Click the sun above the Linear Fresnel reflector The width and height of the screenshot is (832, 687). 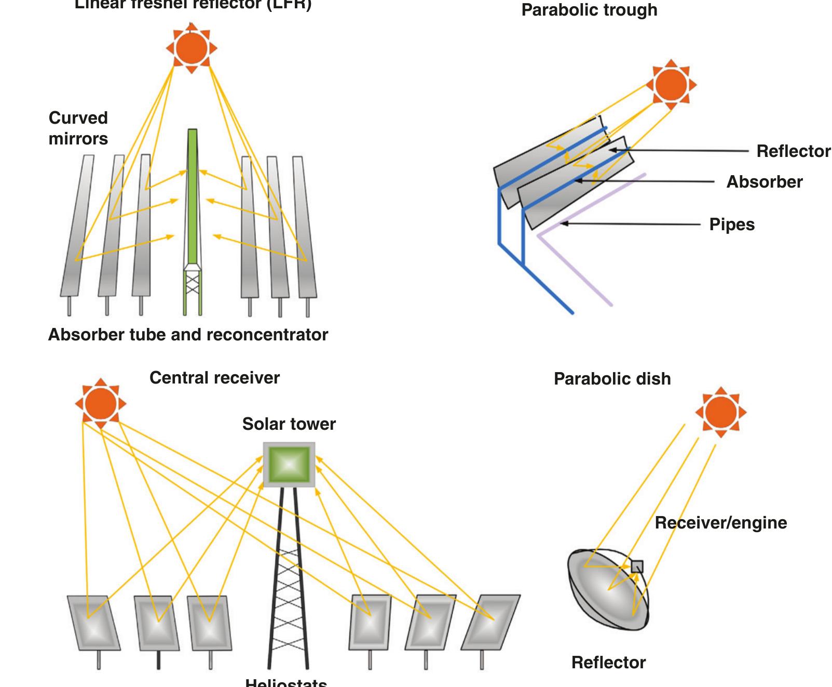click(x=192, y=48)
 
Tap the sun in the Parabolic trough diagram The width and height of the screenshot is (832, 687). click(x=671, y=85)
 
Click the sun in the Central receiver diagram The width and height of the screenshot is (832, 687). click(x=100, y=404)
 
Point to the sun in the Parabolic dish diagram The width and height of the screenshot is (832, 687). click(x=721, y=413)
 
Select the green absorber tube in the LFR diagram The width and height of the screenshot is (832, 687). click(x=193, y=197)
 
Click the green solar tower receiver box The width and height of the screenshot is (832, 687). click(x=289, y=465)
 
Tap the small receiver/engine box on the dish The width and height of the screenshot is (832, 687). click(x=637, y=566)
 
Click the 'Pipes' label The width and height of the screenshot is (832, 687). click(x=732, y=224)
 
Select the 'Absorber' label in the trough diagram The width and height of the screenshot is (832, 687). click(x=764, y=182)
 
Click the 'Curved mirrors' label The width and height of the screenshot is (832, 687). click(x=78, y=128)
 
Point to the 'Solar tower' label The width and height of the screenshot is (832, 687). click(x=289, y=424)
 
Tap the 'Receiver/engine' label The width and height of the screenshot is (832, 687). click(x=720, y=523)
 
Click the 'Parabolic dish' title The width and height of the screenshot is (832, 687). click(x=612, y=379)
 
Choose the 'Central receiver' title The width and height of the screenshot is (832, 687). click(x=214, y=378)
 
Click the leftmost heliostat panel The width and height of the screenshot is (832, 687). click(x=94, y=623)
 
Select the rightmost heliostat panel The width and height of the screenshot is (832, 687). click(x=490, y=622)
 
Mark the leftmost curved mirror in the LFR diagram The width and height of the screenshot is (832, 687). click(x=78, y=226)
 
